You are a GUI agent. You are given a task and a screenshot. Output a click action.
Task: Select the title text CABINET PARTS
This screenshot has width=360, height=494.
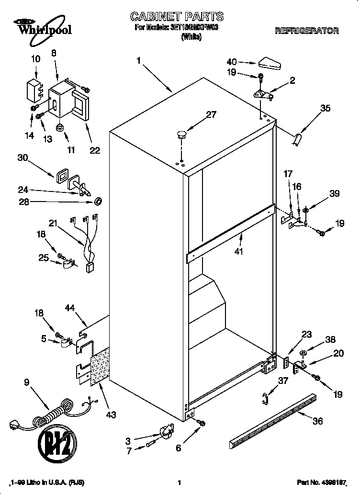(177, 17)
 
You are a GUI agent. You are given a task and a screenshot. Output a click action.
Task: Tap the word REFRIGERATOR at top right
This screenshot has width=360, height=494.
(307, 31)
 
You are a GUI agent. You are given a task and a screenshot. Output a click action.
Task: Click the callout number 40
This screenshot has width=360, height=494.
(232, 62)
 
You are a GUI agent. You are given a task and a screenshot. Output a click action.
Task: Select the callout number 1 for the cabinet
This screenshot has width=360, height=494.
(138, 61)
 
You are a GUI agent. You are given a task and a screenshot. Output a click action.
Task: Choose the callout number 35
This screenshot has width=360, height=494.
(325, 109)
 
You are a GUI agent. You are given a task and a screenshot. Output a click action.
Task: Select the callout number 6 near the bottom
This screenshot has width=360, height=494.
(178, 448)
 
